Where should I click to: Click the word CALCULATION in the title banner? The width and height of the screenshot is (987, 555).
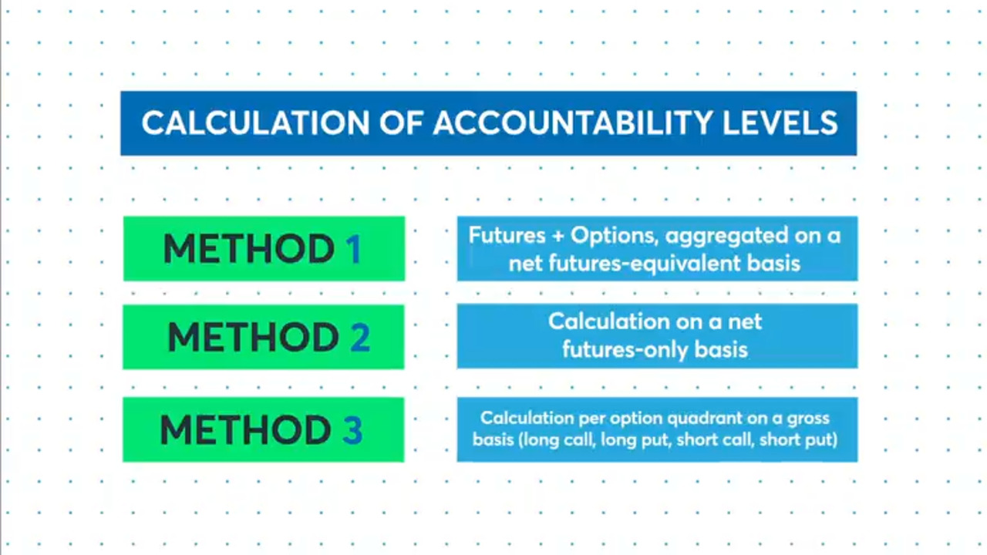click(x=255, y=123)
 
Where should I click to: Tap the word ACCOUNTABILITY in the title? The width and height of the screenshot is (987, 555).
click(x=572, y=123)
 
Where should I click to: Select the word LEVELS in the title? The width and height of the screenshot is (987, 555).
click(x=780, y=123)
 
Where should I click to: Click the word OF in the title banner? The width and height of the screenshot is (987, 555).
click(x=402, y=123)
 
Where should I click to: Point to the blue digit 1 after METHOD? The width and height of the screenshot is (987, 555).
click(x=354, y=249)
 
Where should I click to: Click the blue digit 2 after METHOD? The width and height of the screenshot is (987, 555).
click(x=360, y=338)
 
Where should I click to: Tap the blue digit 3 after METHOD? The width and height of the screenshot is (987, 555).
click(x=352, y=430)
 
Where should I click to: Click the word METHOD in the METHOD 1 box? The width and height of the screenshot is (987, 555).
click(x=249, y=249)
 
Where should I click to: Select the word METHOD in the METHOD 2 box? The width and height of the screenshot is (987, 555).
click(x=254, y=338)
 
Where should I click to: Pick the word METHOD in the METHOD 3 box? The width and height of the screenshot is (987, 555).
click(x=245, y=430)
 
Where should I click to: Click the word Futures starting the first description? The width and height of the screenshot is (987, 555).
click(x=507, y=235)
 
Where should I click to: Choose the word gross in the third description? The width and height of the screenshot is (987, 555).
click(x=810, y=419)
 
